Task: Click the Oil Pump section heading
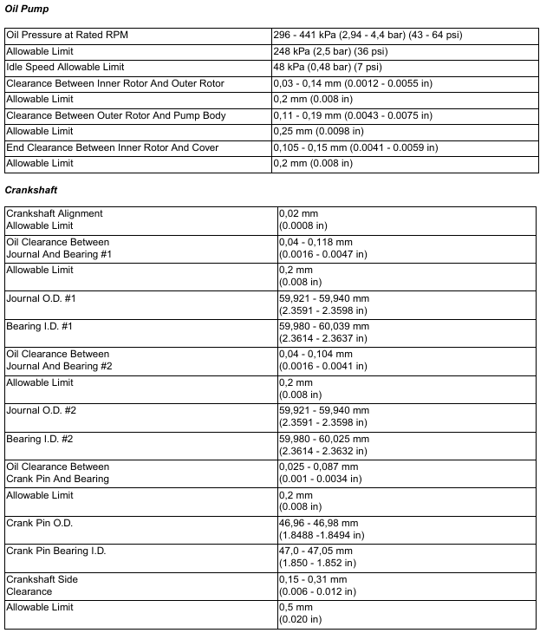click(x=27, y=9)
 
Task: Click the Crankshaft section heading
click(x=31, y=189)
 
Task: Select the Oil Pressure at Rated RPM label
click(x=67, y=36)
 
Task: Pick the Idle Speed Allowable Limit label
click(x=65, y=67)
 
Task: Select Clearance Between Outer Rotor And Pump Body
click(x=116, y=115)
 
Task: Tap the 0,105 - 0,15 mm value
click(x=355, y=147)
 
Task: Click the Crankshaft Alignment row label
click(x=55, y=213)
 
